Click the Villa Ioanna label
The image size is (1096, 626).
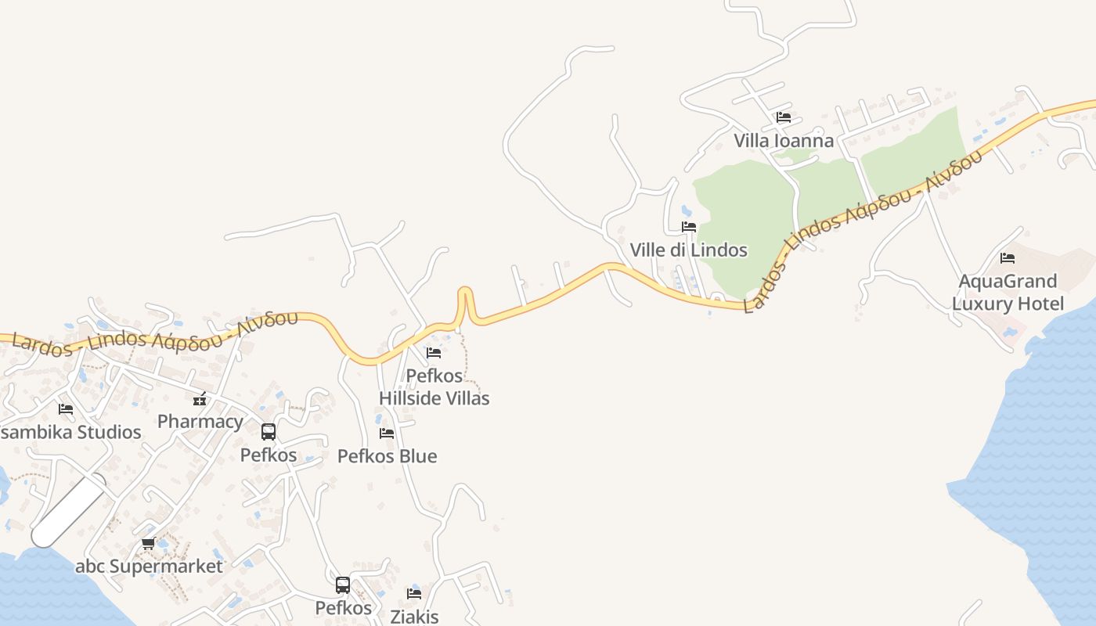click(x=783, y=141)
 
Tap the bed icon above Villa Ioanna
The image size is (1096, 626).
click(x=783, y=118)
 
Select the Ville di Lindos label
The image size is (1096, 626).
click(x=688, y=250)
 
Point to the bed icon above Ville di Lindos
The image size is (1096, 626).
click(x=689, y=227)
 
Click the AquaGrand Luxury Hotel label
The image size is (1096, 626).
click(x=1008, y=292)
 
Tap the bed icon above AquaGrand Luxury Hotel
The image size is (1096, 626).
click(x=1008, y=257)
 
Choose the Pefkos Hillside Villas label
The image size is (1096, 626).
click(x=434, y=387)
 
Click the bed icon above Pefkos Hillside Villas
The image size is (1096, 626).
click(x=434, y=353)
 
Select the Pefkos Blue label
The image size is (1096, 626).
click(x=387, y=456)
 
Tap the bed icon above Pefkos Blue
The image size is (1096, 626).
click(x=387, y=434)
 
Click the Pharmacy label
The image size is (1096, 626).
click(x=200, y=422)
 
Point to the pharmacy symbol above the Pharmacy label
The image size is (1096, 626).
click(x=200, y=399)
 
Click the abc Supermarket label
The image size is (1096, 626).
click(x=149, y=566)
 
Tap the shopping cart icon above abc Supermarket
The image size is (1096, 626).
click(x=148, y=543)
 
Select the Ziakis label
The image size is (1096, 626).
click(x=414, y=617)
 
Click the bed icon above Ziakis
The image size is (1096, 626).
click(x=414, y=594)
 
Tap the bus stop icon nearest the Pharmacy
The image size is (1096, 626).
click(x=269, y=432)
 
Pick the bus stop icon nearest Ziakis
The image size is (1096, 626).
click(x=343, y=585)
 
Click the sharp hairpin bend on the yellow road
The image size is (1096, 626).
click(x=465, y=293)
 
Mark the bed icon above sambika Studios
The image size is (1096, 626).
click(x=66, y=409)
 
